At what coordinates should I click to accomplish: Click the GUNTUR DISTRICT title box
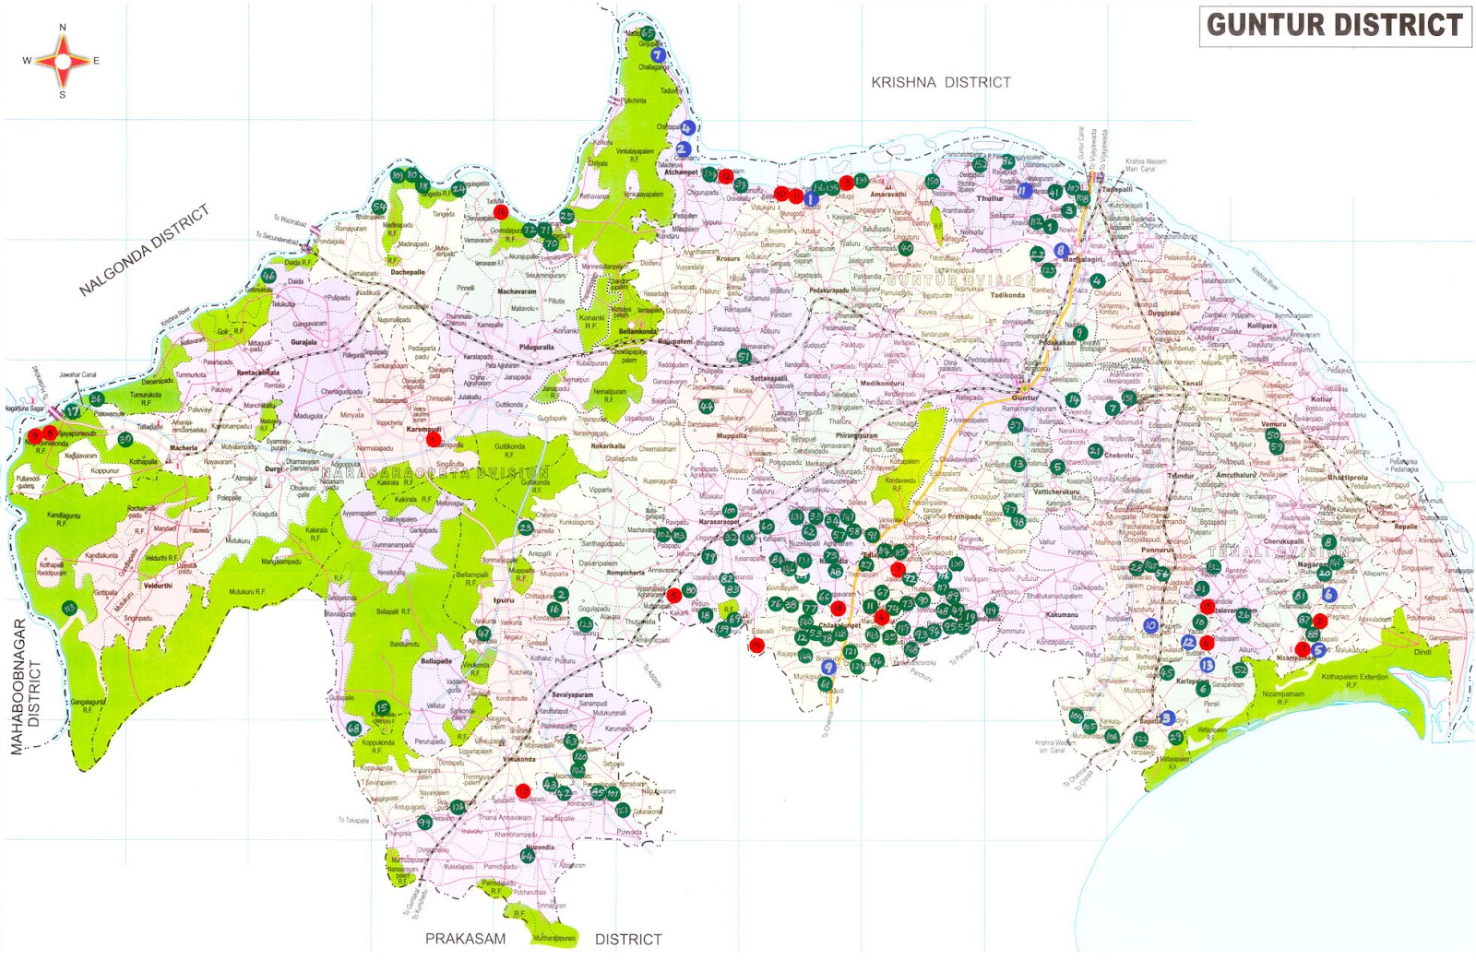pos(1335,25)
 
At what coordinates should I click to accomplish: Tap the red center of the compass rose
pos(63,62)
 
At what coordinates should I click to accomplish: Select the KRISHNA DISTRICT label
pos(940,82)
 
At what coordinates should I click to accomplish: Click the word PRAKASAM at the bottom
pos(465,939)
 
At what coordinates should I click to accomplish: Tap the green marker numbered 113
pos(69,608)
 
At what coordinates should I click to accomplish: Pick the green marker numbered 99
pos(424,822)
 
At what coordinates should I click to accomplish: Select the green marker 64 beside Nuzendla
pos(528,856)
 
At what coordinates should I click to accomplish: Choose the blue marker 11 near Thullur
pos(1023,191)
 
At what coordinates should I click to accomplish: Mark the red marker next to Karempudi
pos(434,440)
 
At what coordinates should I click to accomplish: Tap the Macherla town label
pos(184,448)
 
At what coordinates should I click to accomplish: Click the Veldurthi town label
pos(158,586)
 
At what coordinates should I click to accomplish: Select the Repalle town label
pos(1406,527)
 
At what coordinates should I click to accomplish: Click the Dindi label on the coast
pos(1422,652)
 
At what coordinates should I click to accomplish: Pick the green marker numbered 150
pos(933,182)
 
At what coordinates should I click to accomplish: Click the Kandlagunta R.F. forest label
pos(64,519)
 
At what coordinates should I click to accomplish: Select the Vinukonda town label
pos(519,760)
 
